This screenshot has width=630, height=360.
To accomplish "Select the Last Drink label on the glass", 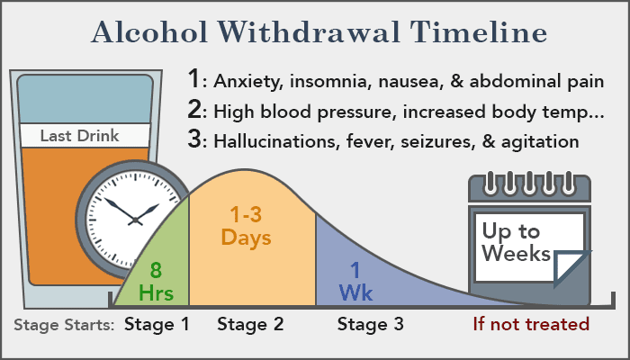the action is (x=79, y=136).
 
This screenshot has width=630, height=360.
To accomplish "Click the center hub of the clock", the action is (x=135, y=220).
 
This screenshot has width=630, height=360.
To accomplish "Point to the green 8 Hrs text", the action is (x=156, y=281).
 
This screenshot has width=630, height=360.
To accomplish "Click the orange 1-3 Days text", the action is (x=246, y=226).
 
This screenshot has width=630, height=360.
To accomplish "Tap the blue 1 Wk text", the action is (x=355, y=281).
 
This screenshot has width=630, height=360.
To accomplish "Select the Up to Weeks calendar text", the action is (x=516, y=242).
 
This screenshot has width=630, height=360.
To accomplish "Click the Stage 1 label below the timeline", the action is (x=157, y=324).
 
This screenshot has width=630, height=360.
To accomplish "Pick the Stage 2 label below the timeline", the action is (x=250, y=324).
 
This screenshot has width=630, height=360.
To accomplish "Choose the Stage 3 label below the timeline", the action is (x=371, y=324).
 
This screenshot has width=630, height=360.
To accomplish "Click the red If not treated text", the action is (x=531, y=324).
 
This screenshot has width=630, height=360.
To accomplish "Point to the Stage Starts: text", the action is (x=64, y=325).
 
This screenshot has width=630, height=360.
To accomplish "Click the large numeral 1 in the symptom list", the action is (x=194, y=79).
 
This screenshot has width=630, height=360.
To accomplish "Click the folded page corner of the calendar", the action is (x=571, y=268).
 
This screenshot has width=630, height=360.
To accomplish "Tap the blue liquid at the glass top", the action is (x=85, y=99).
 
